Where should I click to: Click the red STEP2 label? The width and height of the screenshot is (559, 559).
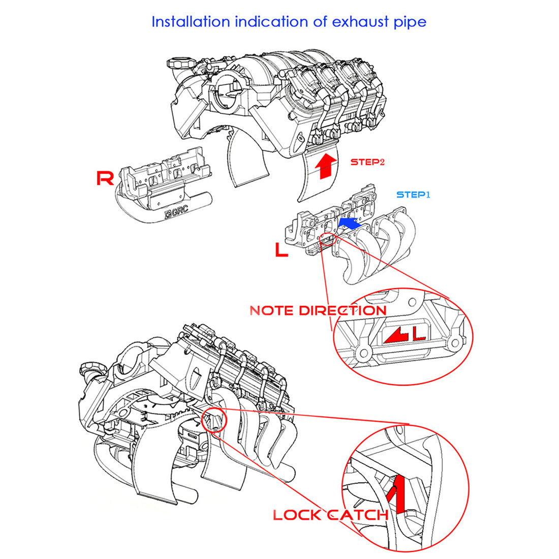tap(367, 162)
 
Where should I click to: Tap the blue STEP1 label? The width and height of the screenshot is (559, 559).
tap(413, 195)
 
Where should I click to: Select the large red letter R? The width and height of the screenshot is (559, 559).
tap(105, 178)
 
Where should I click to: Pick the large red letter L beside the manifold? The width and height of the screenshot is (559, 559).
tap(281, 250)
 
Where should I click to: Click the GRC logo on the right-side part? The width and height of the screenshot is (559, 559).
tap(177, 213)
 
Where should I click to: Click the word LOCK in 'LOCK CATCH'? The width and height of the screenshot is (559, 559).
tap(297, 515)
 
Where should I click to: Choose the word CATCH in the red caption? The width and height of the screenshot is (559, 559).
tap(357, 515)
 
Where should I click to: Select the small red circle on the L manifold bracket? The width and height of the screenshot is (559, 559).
tap(328, 239)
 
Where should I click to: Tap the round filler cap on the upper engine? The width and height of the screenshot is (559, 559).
tap(178, 65)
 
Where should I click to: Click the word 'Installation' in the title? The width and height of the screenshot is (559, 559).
tap(191, 22)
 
